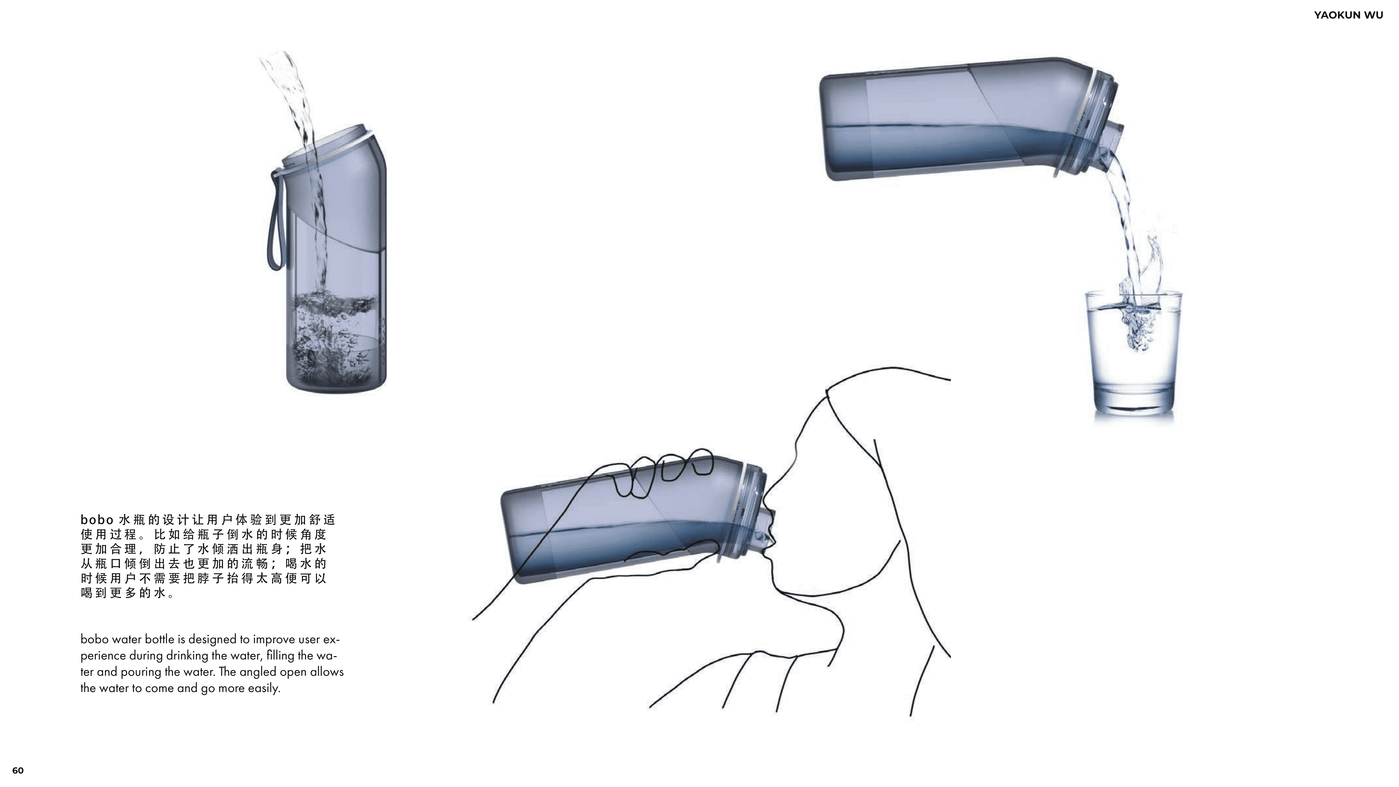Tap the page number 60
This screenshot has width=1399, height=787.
pyautogui.click(x=18, y=770)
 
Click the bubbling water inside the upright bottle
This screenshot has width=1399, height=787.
pyautogui.click(x=331, y=337)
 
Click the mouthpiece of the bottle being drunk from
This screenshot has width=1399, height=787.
pyautogui.click(x=766, y=530)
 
